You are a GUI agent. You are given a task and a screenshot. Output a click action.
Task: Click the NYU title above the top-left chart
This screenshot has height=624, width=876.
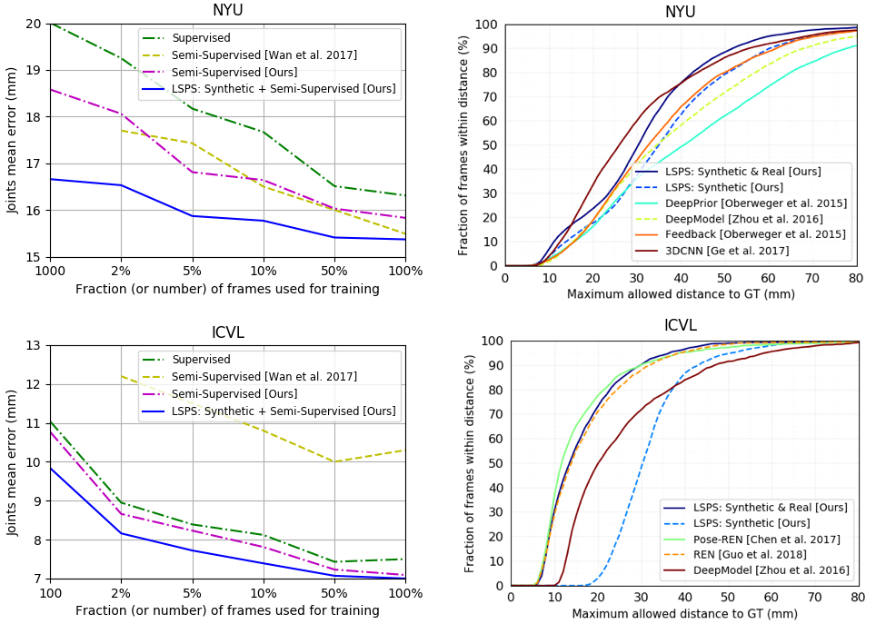pyautogui.click(x=227, y=11)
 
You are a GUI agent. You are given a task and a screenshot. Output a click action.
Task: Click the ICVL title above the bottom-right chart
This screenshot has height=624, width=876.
pyautogui.click(x=681, y=326)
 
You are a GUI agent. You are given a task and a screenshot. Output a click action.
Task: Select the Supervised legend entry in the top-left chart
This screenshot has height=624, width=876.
pyautogui.click(x=201, y=38)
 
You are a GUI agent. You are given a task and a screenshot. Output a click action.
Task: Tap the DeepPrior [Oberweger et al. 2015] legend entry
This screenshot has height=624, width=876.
pyautogui.click(x=756, y=203)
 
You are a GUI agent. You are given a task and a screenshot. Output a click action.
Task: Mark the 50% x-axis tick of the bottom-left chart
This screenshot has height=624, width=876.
pyautogui.click(x=334, y=594)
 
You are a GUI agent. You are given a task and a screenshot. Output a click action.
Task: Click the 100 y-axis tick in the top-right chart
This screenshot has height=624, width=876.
pyautogui.click(x=486, y=25)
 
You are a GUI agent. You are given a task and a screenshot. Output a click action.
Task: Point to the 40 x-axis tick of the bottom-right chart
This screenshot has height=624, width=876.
pyautogui.click(x=684, y=599)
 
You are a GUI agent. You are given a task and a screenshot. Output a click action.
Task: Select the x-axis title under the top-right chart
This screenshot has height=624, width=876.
pyautogui.click(x=681, y=293)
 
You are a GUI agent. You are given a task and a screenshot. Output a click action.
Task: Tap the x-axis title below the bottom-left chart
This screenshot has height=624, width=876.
pyautogui.click(x=227, y=610)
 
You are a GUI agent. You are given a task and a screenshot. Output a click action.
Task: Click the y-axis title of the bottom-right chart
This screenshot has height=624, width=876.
pyautogui.click(x=470, y=463)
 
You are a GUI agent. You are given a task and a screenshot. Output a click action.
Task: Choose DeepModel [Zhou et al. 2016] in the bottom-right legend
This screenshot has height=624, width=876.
pyautogui.click(x=770, y=570)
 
